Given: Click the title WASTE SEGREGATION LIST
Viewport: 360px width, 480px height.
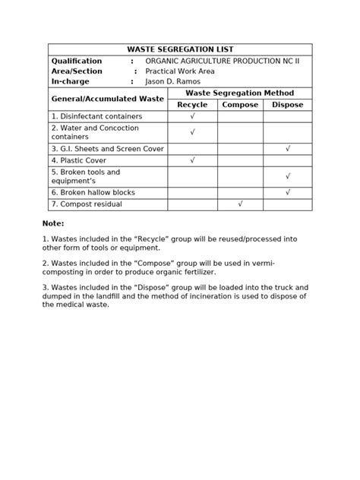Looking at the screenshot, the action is [179, 49].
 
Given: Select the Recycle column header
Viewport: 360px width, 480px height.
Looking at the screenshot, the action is [192, 105].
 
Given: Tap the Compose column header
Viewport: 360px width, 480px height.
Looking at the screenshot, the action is [240, 105].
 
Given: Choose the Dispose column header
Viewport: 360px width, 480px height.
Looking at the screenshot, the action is [287, 105].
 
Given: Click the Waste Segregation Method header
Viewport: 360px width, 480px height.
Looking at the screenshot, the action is [239, 93].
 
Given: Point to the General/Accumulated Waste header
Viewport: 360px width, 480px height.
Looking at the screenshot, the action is [107, 99].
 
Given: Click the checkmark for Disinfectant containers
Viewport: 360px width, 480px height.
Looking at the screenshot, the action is [192, 116].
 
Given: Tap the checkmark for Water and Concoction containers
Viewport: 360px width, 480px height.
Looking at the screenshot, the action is [192, 132].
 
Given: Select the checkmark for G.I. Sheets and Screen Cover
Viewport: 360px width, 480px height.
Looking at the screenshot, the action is [288, 149].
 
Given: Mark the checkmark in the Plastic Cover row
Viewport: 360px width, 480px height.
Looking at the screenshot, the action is [192, 160].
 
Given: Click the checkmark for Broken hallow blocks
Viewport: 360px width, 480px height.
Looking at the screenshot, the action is [288, 192].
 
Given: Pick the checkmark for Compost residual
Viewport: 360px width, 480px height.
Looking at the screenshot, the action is [240, 204].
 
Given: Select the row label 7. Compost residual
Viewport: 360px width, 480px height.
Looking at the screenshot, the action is [87, 204].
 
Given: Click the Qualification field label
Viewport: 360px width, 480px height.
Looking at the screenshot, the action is [77, 61].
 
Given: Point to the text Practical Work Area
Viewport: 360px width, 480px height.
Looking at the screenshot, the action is [180, 71].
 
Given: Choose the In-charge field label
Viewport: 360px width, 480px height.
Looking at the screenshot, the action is [70, 81].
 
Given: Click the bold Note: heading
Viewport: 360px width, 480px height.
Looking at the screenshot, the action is [53, 224].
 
